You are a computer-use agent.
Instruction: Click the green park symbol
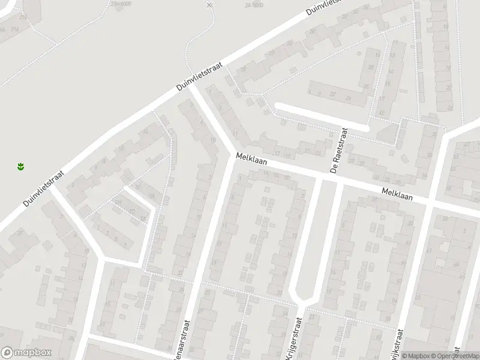20,166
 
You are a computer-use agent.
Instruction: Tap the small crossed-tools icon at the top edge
209,5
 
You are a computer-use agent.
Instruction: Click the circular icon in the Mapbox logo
7,353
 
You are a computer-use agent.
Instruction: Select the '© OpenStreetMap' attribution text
457,356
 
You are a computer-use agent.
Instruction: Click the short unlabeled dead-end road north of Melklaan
321,116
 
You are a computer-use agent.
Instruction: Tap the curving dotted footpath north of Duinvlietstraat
201,33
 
